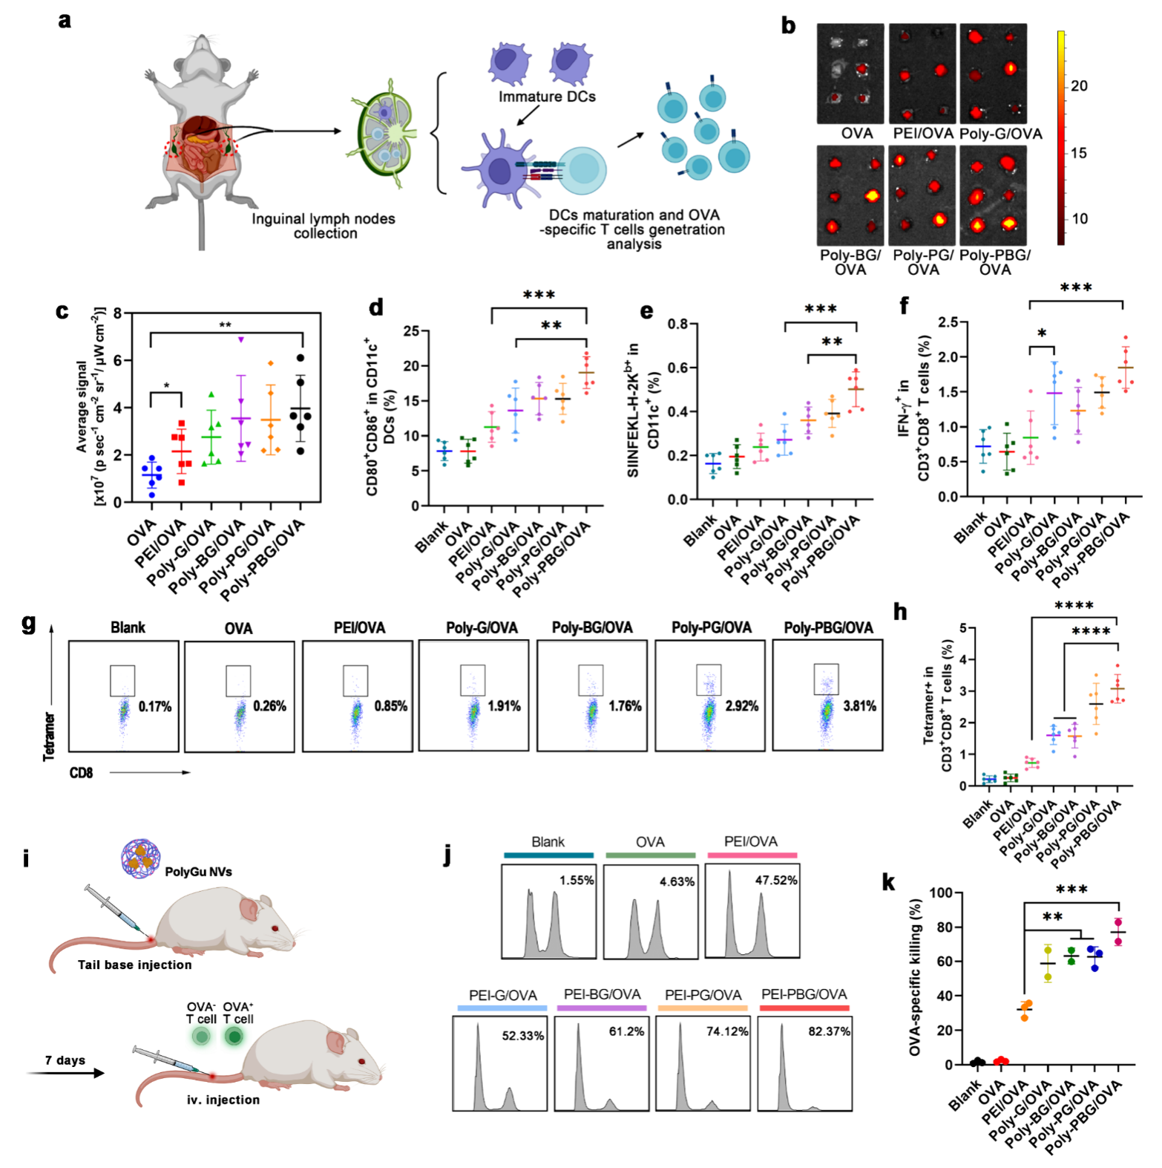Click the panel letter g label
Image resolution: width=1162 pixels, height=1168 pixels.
[29, 623]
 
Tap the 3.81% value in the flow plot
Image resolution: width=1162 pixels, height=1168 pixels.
[859, 706]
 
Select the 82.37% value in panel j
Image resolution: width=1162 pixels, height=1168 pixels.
[829, 1031]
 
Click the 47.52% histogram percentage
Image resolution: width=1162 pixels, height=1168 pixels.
[776, 880]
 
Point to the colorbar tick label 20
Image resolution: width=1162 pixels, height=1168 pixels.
[1079, 86]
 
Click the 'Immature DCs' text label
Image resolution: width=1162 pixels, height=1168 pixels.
[547, 97]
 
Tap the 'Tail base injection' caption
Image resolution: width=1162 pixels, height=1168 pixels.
[134, 965]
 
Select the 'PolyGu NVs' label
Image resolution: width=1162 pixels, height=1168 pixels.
[198, 872]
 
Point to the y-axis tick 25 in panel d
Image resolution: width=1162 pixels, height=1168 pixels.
[412, 330]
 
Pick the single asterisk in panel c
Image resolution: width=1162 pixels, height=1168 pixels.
[166, 386]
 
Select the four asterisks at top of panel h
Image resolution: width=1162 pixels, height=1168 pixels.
[1074, 606]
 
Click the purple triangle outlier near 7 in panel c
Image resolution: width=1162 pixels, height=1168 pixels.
[240, 339]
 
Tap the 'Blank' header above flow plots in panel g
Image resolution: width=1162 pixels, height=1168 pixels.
[128, 627]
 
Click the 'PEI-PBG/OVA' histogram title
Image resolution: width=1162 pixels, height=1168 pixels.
[804, 994]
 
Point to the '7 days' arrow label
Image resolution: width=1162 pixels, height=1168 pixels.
[65, 1060]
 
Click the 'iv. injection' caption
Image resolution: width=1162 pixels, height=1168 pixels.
[223, 1100]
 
